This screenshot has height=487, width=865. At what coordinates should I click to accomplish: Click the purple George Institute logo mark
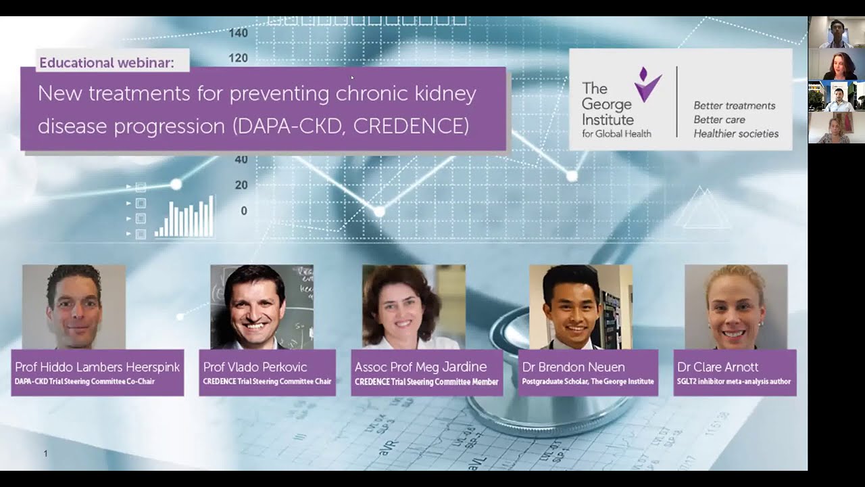[x=647, y=85]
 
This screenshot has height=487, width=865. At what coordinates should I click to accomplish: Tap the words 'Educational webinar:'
[x=107, y=63]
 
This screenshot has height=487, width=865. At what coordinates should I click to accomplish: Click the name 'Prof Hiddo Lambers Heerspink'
[x=97, y=367]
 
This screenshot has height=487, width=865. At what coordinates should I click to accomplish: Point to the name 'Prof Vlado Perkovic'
[x=255, y=367]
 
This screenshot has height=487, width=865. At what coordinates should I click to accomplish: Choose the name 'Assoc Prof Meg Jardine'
[x=420, y=367]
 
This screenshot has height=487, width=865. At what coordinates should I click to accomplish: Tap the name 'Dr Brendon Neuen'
[x=573, y=367]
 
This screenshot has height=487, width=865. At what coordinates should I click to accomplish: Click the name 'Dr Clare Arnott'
[x=718, y=367]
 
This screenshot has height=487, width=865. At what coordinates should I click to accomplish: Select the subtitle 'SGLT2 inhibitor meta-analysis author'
[x=734, y=381]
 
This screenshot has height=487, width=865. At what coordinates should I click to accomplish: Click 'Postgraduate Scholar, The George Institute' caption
[x=588, y=381]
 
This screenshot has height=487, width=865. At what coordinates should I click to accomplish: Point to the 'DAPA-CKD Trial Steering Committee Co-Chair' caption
[x=85, y=381]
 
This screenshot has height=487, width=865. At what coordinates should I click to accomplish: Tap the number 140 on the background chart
[x=238, y=32]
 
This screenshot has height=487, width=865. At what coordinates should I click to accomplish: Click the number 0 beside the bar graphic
[x=244, y=211]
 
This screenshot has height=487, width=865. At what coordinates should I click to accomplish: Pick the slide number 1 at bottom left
[x=45, y=453]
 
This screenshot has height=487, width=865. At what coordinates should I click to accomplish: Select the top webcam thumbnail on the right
[x=836, y=32]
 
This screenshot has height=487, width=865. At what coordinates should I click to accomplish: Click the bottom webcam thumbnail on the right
[x=836, y=128]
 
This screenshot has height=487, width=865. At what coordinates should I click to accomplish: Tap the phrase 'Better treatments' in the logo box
[x=735, y=106]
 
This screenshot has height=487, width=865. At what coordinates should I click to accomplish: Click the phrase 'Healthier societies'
[x=736, y=134]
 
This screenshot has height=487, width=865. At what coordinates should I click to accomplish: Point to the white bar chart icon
[x=184, y=216]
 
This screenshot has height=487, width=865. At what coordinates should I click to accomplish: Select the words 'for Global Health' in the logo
[x=616, y=134]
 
